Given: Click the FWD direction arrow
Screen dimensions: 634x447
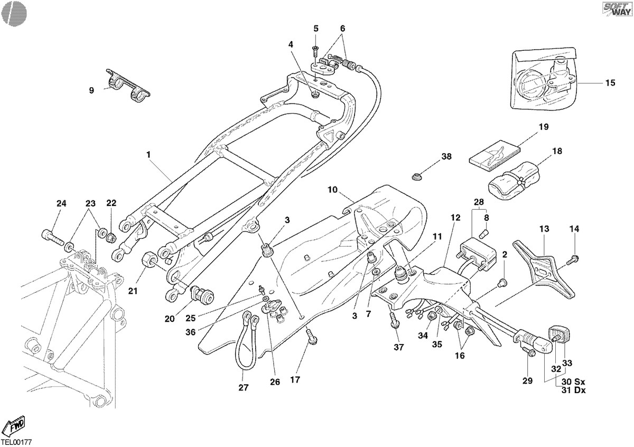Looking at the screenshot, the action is click(15, 425).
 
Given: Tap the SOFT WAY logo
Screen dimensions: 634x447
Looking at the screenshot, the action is click(618, 10).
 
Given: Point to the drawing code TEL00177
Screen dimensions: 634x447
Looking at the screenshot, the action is click(16, 442).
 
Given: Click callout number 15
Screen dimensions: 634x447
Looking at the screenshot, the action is click(610, 83).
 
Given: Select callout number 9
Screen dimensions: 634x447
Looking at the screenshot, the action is click(91, 90).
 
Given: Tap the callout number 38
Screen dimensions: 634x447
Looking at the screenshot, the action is click(446, 156).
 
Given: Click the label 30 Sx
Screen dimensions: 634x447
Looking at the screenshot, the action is click(573, 381).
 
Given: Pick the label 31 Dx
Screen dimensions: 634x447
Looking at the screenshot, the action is click(574, 390).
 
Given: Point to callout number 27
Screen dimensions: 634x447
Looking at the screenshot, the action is click(244, 387).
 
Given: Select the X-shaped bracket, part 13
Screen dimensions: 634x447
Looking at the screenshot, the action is click(544, 269).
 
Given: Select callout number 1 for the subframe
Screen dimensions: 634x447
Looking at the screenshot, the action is click(148, 155).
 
